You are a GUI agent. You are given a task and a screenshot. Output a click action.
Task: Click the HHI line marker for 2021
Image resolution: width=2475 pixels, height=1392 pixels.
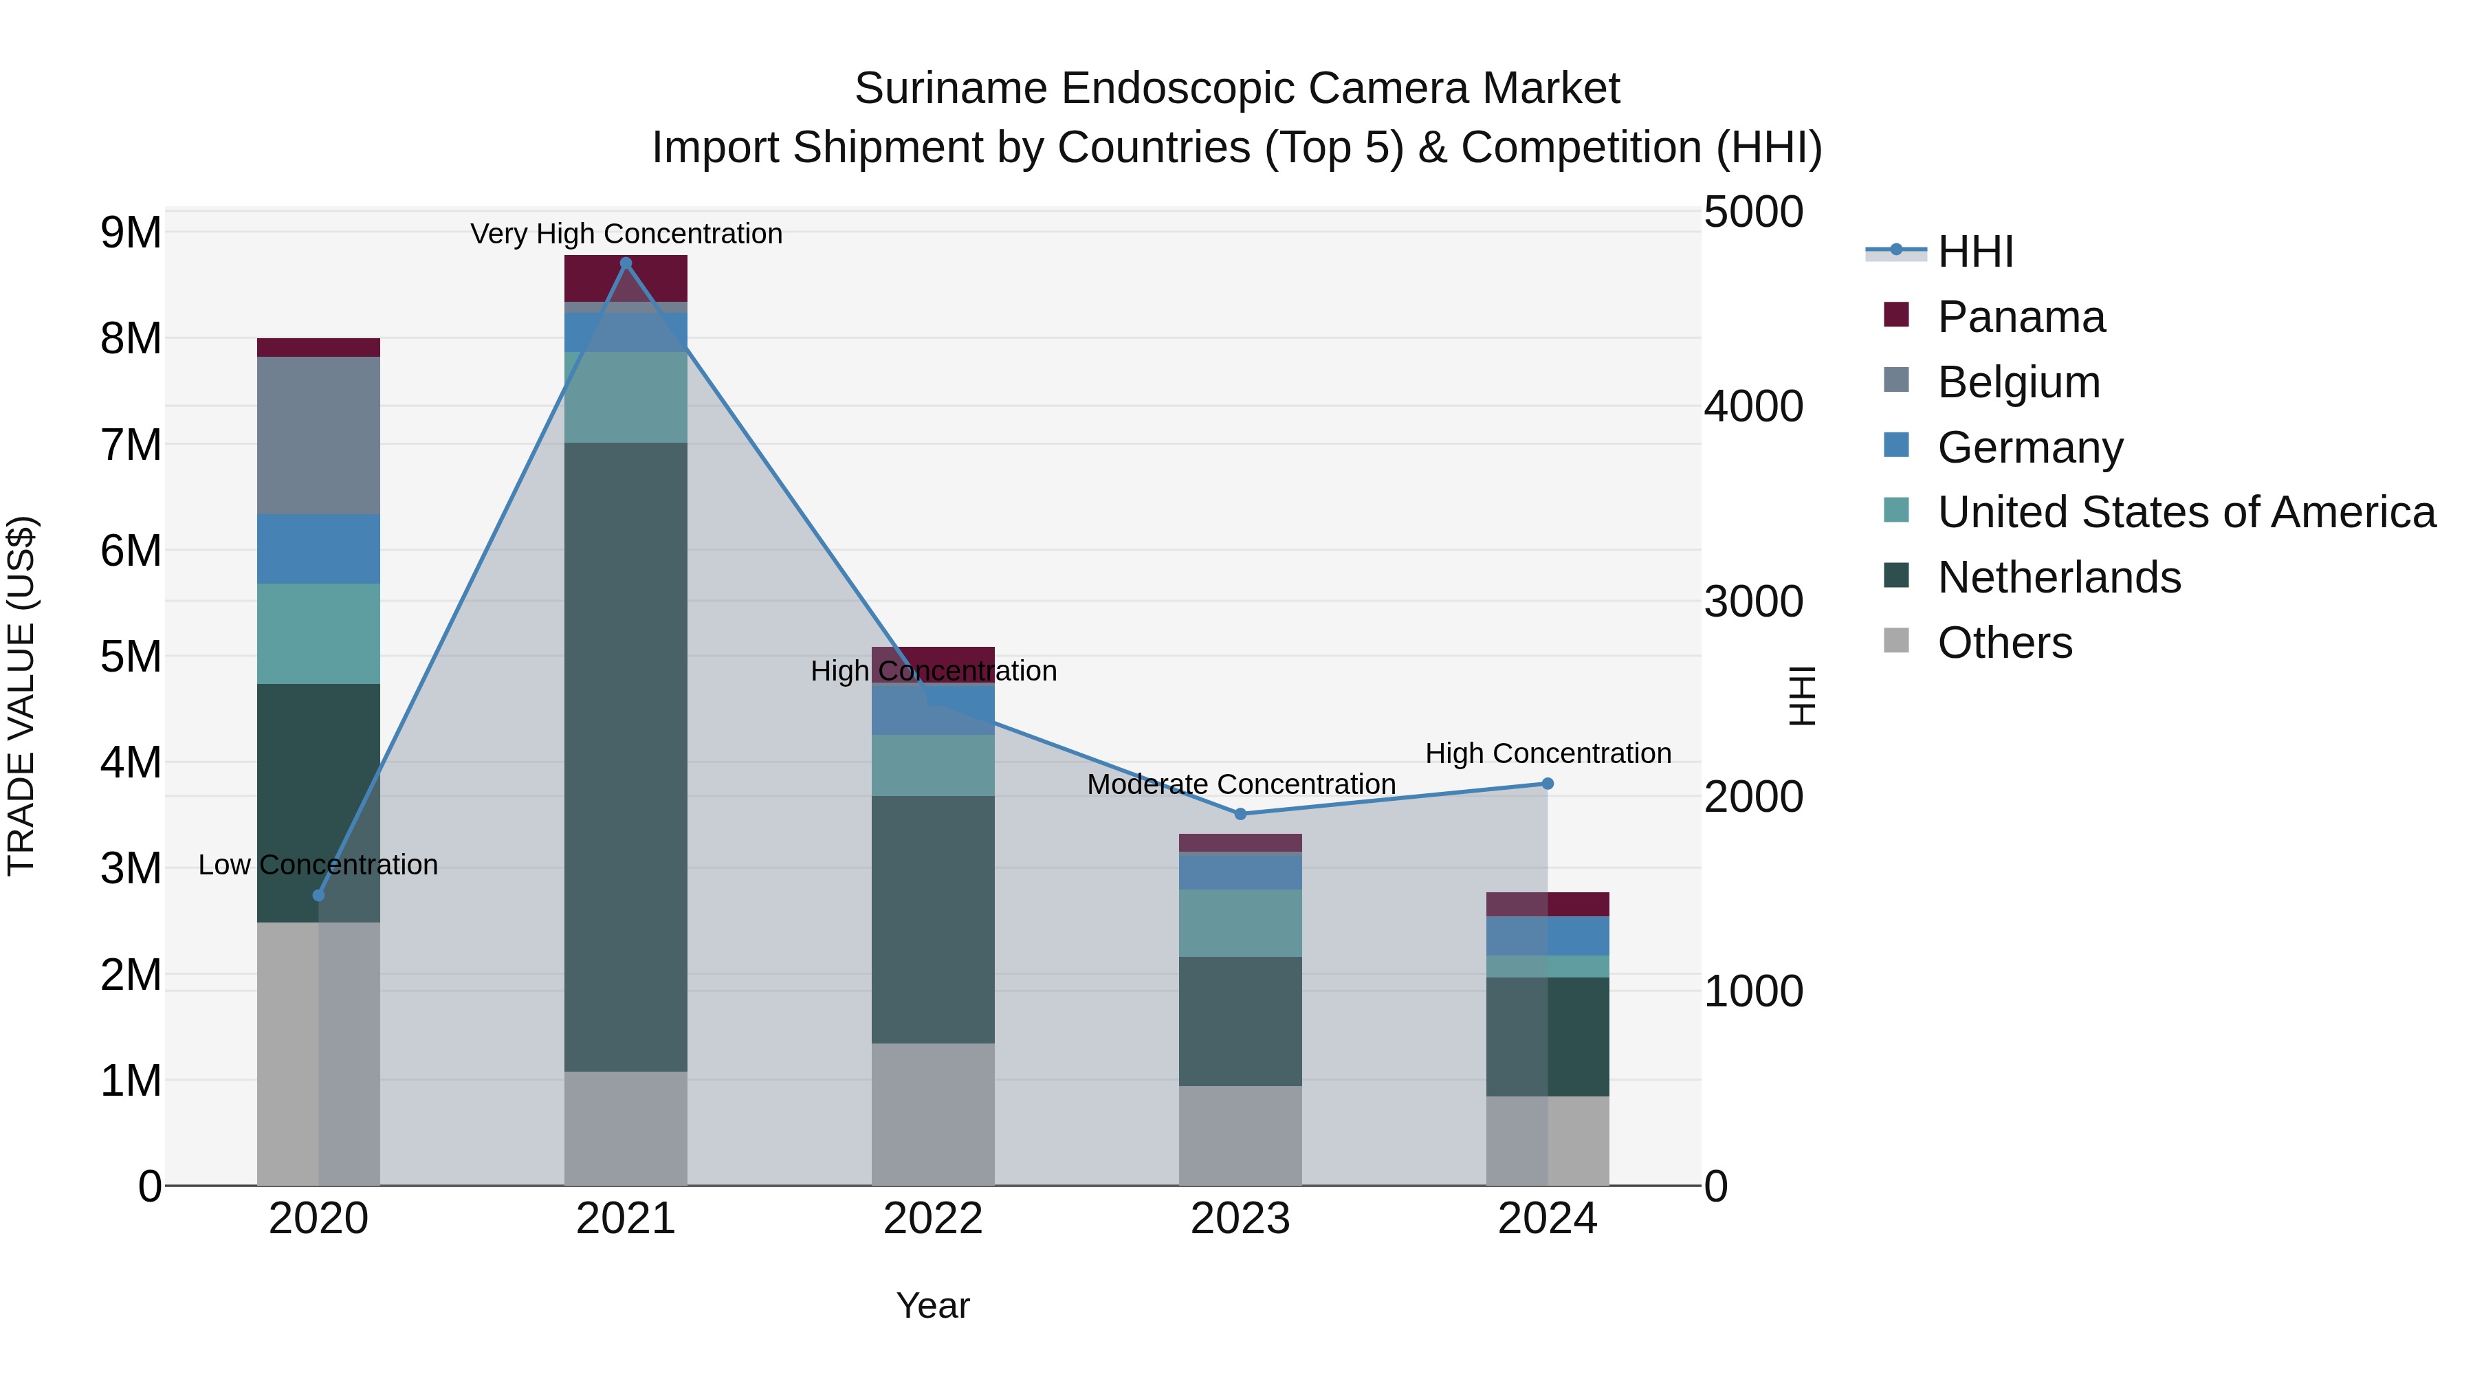(x=626, y=263)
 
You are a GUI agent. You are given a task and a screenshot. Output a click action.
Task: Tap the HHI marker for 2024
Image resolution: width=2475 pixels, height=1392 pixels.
(x=1547, y=784)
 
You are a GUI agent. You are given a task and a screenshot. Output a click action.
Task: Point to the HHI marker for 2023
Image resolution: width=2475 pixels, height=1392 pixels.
(x=1240, y=814)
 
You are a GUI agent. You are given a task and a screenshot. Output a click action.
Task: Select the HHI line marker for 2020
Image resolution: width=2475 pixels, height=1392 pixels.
(x=319, y=895)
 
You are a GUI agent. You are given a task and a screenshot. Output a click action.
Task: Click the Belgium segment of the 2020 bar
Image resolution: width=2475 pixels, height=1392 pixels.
(x=318, y=435)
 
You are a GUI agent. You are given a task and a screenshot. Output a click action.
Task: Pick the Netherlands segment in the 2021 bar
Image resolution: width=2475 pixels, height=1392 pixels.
(x=626, y=756)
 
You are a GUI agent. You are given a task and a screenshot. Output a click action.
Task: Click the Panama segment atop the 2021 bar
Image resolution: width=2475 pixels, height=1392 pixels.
(x=626, y=278)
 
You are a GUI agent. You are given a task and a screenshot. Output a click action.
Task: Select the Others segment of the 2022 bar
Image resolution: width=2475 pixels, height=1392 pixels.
(x=932, y=1114)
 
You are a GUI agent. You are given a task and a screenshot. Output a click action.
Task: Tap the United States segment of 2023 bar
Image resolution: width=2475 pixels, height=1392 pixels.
(x=1240, y=923)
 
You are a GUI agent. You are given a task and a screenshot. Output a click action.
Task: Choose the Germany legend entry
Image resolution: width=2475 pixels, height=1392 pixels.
(x=2029, y=448)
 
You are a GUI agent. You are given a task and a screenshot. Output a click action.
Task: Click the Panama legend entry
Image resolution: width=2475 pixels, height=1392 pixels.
(x=2021, y=317)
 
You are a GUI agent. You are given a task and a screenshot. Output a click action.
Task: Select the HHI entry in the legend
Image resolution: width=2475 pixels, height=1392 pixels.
(x=1974, y=252)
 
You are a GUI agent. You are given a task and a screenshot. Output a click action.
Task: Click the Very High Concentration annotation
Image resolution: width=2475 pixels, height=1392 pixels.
(x=626, y=234)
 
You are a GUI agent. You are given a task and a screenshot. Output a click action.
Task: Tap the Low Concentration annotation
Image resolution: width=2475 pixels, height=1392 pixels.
(x=318, y=865)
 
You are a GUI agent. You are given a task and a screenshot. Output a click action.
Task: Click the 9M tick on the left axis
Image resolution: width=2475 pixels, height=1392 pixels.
(x=131, y=232)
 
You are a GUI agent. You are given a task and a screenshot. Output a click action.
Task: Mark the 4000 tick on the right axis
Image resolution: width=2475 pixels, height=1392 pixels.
(x=1752, y=406)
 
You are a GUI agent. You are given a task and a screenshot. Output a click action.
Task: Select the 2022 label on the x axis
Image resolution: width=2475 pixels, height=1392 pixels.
(x=932, y=1219)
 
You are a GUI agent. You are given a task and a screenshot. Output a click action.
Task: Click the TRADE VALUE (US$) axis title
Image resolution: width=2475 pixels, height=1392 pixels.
(x=21, y=696)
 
